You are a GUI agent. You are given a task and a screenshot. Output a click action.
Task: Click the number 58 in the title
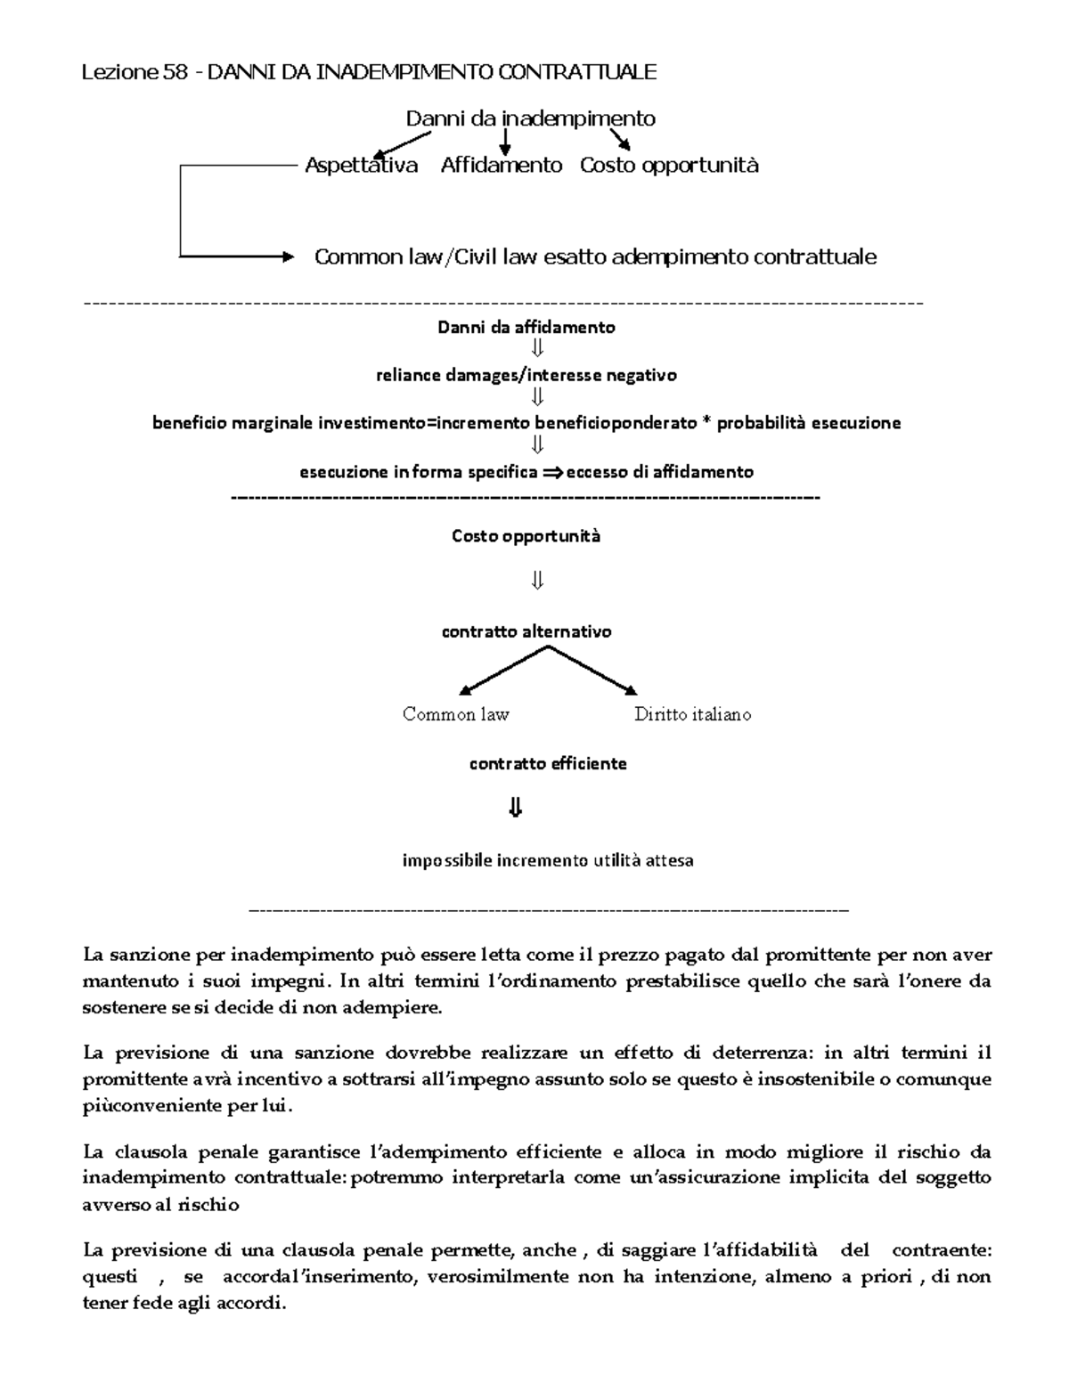(x=175, y=72)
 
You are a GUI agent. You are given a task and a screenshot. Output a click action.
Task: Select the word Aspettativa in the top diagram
(x=361, y=165)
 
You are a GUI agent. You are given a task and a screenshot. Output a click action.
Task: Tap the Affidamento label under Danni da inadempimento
(x=502, y=165)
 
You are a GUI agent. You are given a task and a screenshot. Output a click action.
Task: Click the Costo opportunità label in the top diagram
(x=669, y=165)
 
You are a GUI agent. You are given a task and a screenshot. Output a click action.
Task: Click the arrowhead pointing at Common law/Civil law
(x=287, y=256)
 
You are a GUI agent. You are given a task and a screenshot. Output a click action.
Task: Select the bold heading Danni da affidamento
(x=526, y=327)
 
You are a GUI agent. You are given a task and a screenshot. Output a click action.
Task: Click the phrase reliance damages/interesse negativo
(x=526, y=375)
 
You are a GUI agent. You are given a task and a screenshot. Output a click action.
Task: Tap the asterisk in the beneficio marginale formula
(x=706, y=423)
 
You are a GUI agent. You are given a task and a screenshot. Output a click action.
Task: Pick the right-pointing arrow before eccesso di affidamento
(x=552, y=472)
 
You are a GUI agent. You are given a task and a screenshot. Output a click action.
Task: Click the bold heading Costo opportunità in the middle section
(x=526, y=536)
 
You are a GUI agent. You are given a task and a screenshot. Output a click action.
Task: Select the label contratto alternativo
(x=526, y=631)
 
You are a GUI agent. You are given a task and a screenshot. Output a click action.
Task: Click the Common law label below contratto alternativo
(x=455, y=714)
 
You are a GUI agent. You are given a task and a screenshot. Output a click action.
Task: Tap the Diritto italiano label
(x=692, y=714)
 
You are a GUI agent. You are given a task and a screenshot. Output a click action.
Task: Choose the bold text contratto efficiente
(x=548, y=763)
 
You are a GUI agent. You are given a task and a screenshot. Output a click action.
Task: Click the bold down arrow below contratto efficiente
(x=515, y=808)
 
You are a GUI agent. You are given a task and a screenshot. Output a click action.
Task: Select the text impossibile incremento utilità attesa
(x=547, y=860)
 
